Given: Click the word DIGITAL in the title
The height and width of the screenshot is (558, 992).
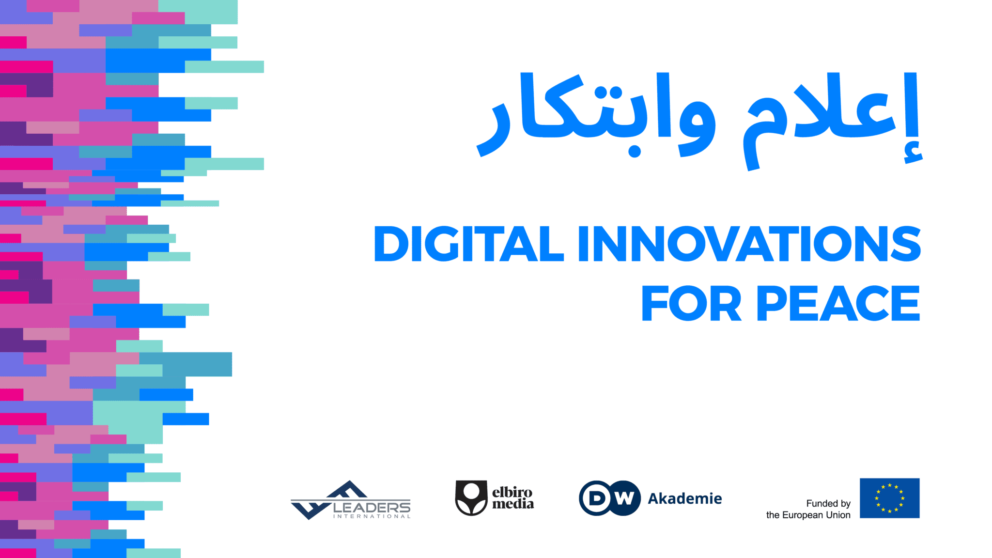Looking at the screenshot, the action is (469, 244).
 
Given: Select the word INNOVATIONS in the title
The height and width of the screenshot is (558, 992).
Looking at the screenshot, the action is (749, 244).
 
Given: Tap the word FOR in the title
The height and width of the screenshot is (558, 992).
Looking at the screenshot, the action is (691, 304).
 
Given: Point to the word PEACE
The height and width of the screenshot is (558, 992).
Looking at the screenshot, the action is (838, 304).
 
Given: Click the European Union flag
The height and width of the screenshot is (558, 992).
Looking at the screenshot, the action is (889, 498).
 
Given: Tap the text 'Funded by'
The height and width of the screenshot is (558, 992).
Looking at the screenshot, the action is (828, 504).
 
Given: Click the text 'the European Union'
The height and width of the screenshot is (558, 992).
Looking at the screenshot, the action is (808, 515).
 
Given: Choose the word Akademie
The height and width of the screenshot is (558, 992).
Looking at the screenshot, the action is (685, 498).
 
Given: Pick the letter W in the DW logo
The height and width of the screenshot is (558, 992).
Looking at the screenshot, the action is (625, 498).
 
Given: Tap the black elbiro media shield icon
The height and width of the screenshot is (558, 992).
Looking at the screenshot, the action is (471, 498).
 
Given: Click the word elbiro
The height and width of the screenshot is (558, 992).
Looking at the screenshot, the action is (512, 493).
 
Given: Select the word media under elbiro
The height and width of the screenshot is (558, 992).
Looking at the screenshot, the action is (513, 504).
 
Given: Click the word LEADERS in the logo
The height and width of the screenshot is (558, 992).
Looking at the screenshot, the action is (372, 507).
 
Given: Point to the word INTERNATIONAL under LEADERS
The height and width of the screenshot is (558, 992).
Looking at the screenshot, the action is (372, 516).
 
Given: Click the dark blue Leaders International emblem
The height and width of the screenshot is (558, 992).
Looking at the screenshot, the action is (329, 500).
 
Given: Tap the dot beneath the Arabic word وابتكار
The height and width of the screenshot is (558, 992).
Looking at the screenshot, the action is (635, 152).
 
